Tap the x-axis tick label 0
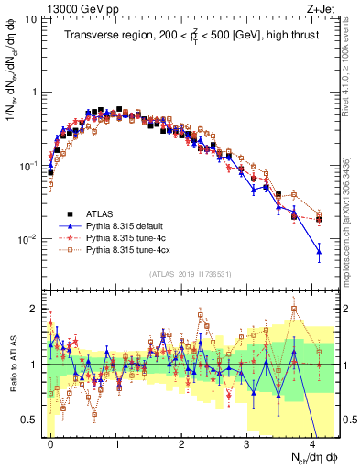click(50, 441)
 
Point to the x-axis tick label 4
click(312, 441)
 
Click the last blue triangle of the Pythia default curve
click(319, 250)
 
